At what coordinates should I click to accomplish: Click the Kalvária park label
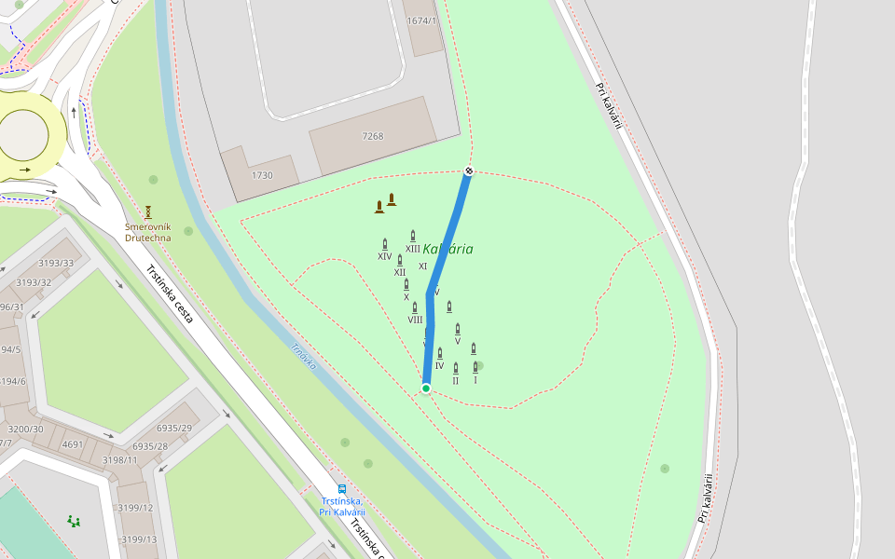pos(447,249)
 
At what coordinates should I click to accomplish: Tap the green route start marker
pos(426,388)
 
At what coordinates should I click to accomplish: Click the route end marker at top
pos(469,170)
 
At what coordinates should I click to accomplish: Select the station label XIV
pos(384,255)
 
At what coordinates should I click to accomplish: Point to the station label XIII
pos(413,249)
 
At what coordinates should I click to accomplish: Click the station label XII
pos(400,272)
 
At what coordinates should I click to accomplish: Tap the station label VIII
pos(415,320)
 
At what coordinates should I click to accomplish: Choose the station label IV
pos(439,365)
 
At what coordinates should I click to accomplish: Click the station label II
pos(455,380)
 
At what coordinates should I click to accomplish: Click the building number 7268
pos(373,136)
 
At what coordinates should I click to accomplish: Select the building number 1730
pos(262,175)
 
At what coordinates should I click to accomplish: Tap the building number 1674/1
pos(421,20)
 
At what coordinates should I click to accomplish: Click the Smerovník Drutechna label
pos(148,232)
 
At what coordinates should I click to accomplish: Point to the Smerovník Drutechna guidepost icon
pos(147,211)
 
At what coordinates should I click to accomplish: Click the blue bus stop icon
pos(342,488)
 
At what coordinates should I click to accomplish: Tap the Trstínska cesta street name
pos(171,293)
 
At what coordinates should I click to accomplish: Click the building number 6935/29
pos(174,428)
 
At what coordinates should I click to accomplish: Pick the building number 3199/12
pos(136,508)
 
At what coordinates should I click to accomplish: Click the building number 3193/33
pos(56,263)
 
